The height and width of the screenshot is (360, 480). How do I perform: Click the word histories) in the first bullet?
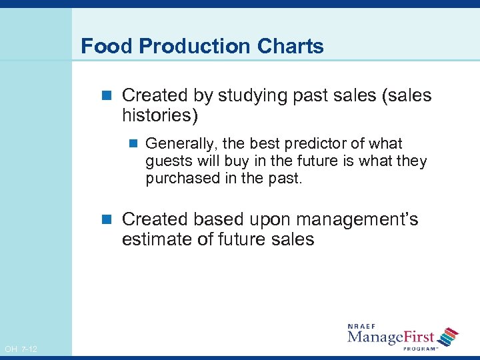(x=160, y=115)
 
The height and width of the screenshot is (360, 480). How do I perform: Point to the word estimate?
(x=157, y=239)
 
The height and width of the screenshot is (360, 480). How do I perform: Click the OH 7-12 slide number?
(x=21, y=349)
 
